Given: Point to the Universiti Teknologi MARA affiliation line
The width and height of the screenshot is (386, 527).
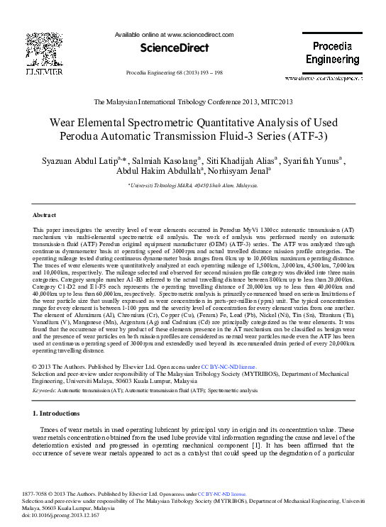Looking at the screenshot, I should coord(192,185).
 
